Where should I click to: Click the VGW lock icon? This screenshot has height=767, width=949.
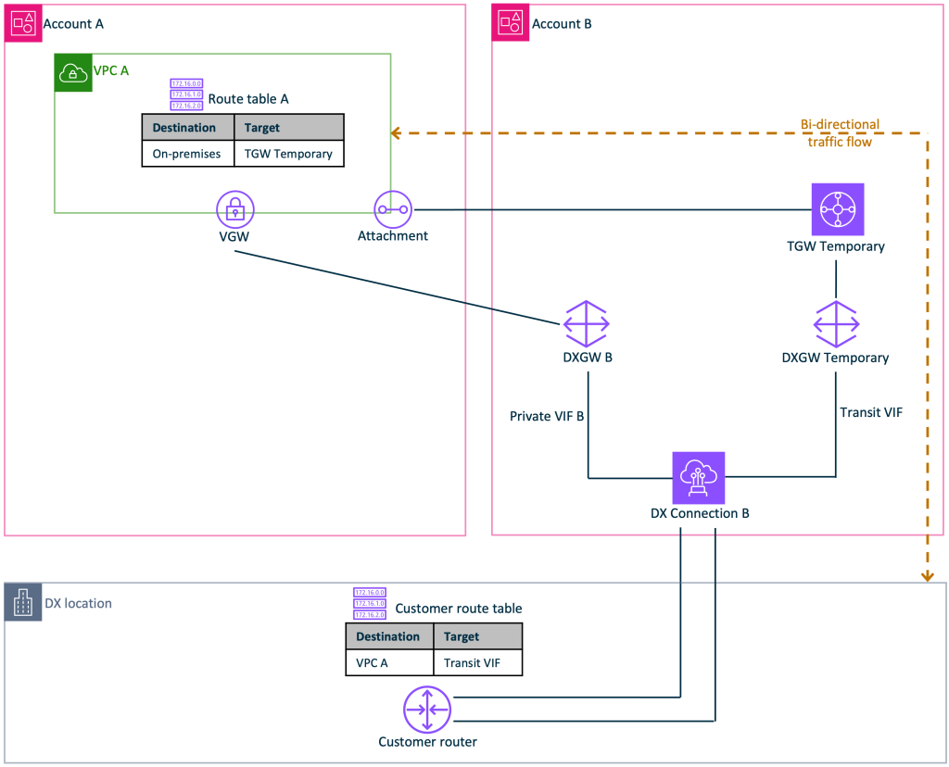tap(235, 209)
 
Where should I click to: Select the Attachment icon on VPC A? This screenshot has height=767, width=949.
tap(392, 209)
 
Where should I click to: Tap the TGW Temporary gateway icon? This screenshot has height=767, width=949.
tap(837, 209)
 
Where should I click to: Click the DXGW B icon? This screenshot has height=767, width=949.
tap(587, 323)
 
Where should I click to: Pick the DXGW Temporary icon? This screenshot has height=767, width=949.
tap(836, 323)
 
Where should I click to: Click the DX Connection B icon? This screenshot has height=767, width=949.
tap(699, 477)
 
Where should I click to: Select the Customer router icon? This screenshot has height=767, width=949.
tap(426, 710)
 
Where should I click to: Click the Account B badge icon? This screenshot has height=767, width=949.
tap(511, 23)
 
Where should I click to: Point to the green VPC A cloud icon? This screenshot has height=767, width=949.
tap(73, 73)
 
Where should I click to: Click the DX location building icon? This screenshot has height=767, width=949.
tap(23, 603)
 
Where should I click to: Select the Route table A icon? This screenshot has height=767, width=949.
tap(186, 94)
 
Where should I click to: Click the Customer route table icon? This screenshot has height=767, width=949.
tap(369, 603)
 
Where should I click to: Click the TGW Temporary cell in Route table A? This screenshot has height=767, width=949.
tap(288, 154)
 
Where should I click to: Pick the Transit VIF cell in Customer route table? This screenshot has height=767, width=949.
tap(473, 663)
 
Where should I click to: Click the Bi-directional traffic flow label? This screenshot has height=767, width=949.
tap(840, 133)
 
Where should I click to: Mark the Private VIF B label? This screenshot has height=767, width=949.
tap(547, 416)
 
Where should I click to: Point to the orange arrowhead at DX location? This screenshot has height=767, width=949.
tap(927, 576)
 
